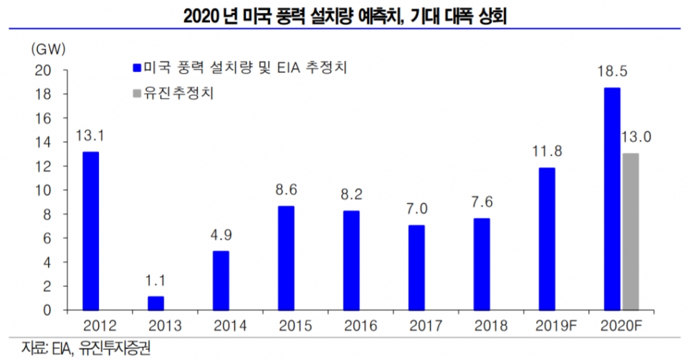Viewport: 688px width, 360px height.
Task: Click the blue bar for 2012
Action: tap(90, 231)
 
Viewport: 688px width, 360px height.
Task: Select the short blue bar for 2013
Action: tap(156, 303)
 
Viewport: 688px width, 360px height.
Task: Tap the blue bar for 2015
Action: tap(286, 258)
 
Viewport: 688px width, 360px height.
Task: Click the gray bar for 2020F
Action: tap(630, 232)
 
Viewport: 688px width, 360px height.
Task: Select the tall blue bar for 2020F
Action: tap(612, 199)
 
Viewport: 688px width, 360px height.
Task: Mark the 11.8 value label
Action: tap(547, 152)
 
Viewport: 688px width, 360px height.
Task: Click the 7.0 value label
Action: tap(416, 209)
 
